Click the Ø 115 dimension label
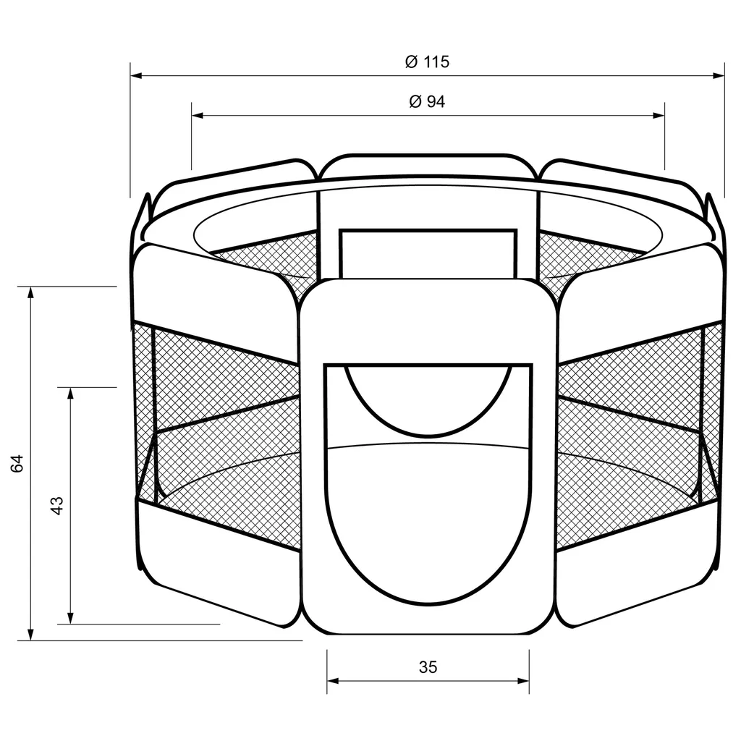coord(427,62)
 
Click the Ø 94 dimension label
coord(427,101)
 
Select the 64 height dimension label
coord(17,463)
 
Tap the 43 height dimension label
coord(56,505)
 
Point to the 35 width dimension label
coord(428,666)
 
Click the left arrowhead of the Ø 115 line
coord(136,75)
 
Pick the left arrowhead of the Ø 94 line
coord(198,115)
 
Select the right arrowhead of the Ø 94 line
coord(659,115)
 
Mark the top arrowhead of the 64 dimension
coord(31,292)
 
